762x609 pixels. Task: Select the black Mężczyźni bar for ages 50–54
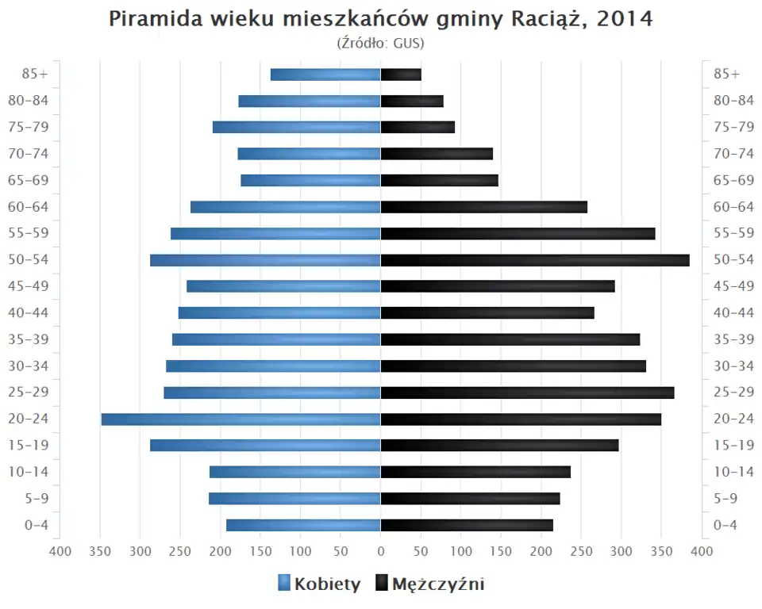(535, 260)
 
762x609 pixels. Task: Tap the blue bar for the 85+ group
(325, 75)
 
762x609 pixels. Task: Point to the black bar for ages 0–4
(467, 525)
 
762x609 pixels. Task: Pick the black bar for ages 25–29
(527, 393)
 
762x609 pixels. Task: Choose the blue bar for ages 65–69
(310, 180)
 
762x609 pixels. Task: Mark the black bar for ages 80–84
(412, 101)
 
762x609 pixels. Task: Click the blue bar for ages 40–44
(279, 312)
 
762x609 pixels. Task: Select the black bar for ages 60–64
(484, 207)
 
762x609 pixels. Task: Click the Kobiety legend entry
(319, 584)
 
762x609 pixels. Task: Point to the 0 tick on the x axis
(381, 551)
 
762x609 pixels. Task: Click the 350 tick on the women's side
(100, 551)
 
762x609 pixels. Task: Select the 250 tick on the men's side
(581, 551)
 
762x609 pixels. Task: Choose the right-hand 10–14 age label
(733, 472)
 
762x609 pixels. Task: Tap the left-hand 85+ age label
(36, 74)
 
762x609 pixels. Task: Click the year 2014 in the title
(624, 19)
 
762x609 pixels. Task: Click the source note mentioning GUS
(381, 43)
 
